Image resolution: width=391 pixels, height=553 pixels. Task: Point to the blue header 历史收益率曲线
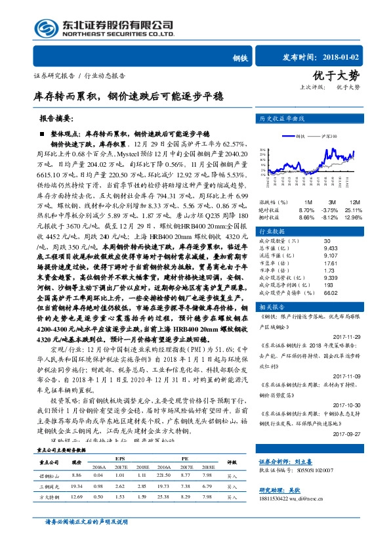284,120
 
